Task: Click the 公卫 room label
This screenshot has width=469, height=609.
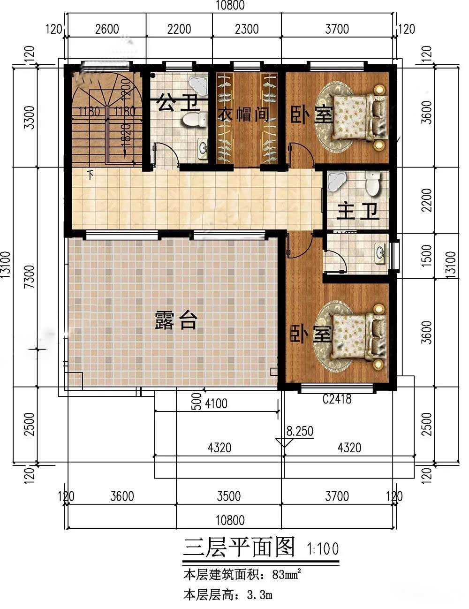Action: [x=179, y=103]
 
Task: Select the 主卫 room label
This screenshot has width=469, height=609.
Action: [x=358, y=212]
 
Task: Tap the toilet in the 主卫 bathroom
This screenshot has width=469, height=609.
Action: [x=372, y=183]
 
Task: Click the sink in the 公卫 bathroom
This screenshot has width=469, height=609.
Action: [x=202, y=147]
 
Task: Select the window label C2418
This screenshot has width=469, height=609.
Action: [x=337, y=399]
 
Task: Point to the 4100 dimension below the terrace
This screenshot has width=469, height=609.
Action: [x=216, y=404]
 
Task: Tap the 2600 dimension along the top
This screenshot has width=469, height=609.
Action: [x=107, y=29]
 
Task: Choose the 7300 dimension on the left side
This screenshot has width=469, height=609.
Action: [x=30, y=277]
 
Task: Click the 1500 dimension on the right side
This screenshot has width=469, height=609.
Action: [x=426, y=256]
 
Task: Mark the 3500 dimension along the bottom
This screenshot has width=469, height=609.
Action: [x=228, y=496]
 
